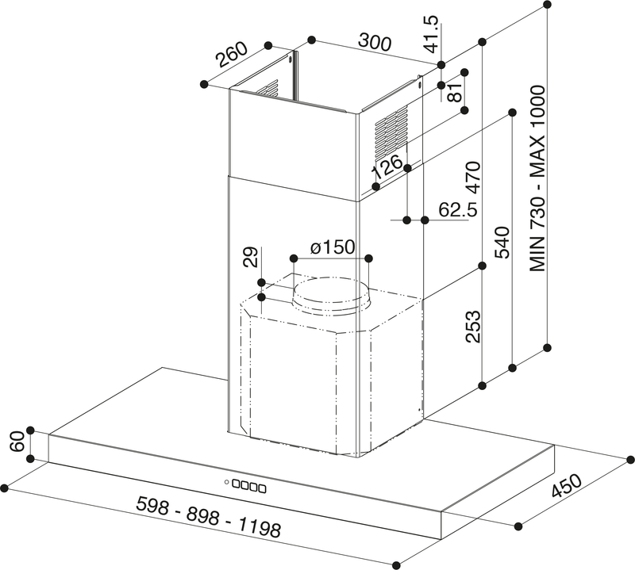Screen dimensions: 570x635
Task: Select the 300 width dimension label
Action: tap(373, 40)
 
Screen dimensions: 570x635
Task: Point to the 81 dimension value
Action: tap(455, 90)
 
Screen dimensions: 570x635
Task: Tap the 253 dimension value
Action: tap(473, 326)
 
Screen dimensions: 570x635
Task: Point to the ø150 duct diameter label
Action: tap(332, 247)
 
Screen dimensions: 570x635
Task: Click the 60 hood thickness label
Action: tap(13, 444)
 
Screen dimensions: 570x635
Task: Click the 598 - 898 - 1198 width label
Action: tap(209, 518)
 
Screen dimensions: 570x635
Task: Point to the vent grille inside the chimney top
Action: tap(268, 90)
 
